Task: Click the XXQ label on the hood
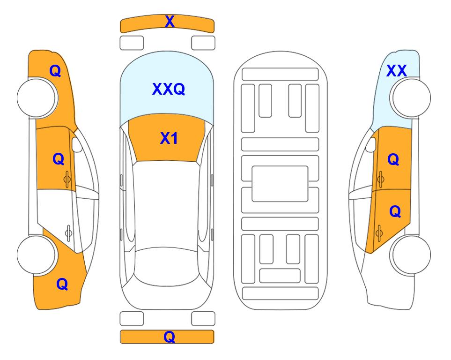tap(169, 89)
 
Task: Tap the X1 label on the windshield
tap(169, 138)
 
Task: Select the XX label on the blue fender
tap(397, 71)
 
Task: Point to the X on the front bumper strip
tap(170, 22)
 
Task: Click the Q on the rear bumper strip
tap(170, 337)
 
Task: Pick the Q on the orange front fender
tap(55, 71)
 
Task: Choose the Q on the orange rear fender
tap(62, 284)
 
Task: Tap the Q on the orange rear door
tap(395, 212)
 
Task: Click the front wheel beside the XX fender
tap(410, 98)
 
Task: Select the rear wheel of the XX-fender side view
tap(410, 255)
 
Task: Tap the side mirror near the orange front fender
tap(77, 144)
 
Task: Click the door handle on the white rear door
tap(68, 232)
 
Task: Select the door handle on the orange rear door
tap(379, 233)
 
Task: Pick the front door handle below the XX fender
tap(380, 179)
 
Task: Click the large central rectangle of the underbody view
tap(280, 184)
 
